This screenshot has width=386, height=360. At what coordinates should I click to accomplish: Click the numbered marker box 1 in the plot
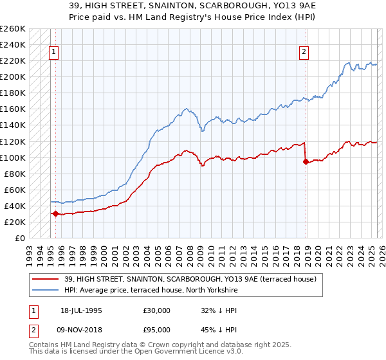(53, 53)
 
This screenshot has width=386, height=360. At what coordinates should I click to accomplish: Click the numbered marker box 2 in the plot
(304, 53)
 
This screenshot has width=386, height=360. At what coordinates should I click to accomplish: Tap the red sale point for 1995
(55, 213)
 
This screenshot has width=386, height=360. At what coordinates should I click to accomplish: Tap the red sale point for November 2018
(306, 161)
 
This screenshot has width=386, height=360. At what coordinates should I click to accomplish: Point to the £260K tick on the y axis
(13, 29)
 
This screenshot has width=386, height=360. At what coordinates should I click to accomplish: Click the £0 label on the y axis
(20, 238)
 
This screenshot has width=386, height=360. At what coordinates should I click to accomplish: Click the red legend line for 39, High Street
(46, 280)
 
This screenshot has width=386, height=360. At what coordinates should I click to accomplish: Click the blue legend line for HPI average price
(46, 291)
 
